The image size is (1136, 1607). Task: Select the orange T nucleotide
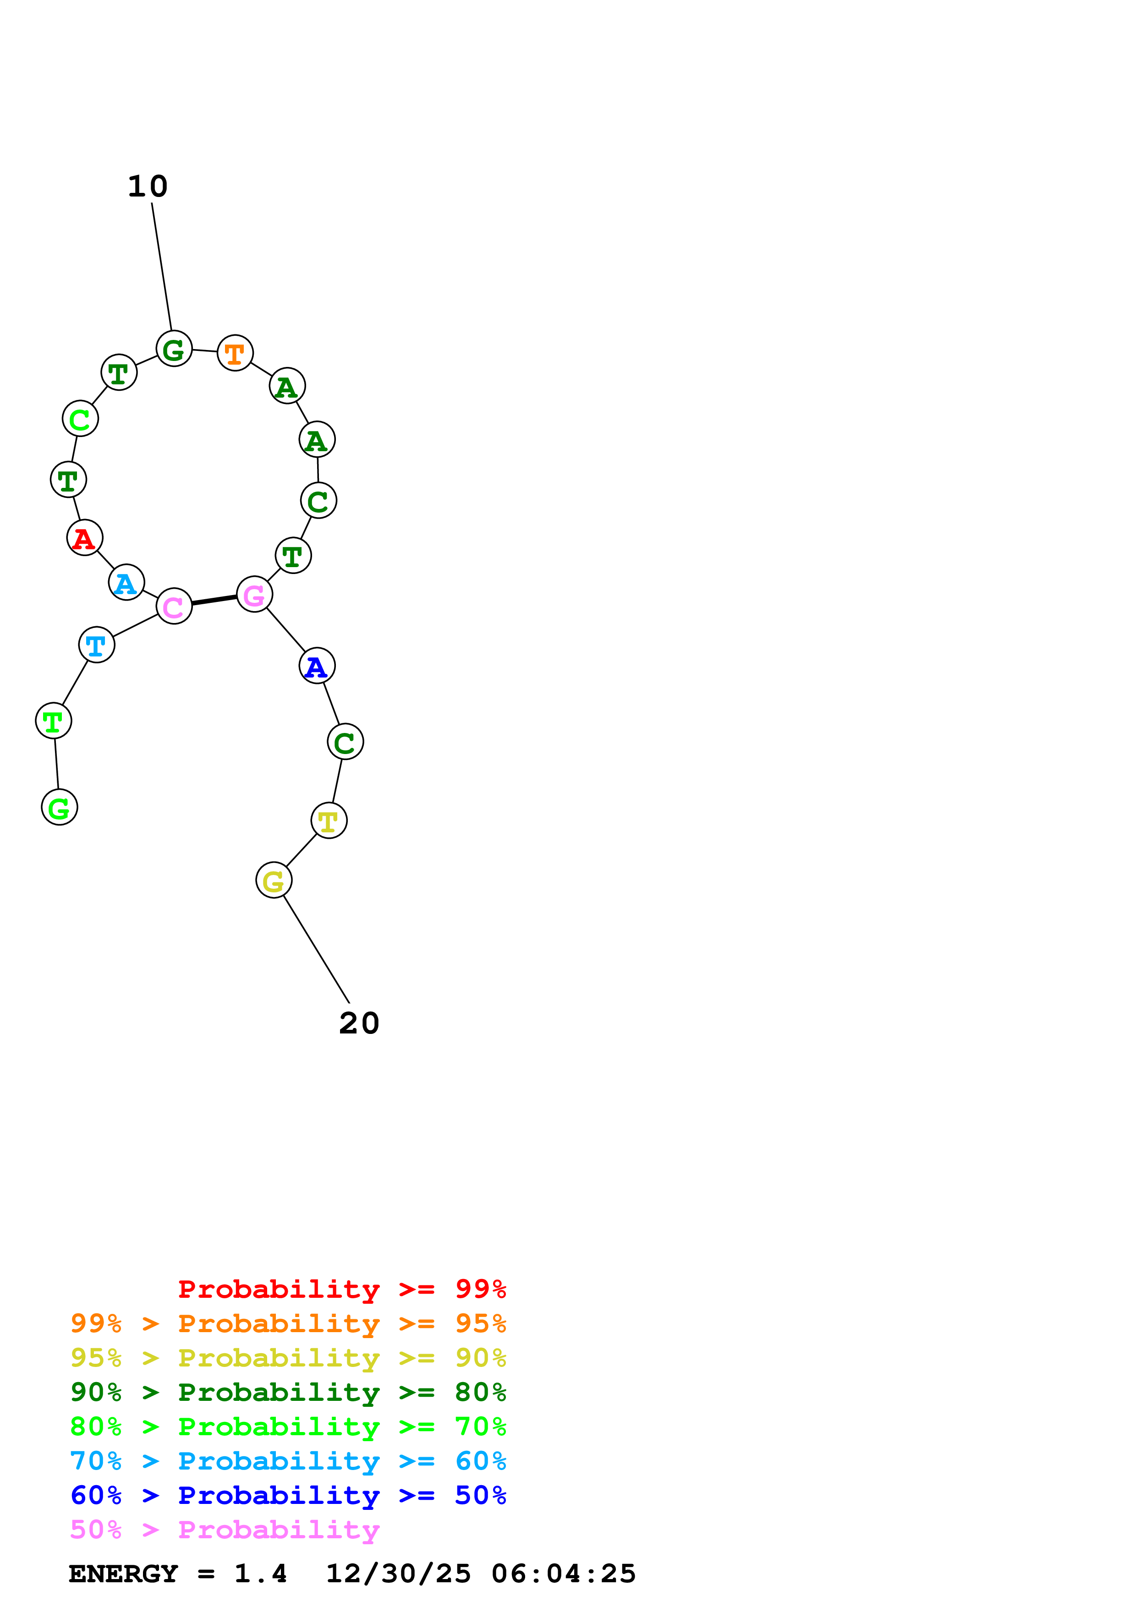tap(235, 353)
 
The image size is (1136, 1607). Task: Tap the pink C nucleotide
tap(174, 606)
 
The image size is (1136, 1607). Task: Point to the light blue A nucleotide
tap(126, 582)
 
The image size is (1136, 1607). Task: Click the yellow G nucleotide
tap(274, 880)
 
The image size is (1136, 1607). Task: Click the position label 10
tap(148, 186)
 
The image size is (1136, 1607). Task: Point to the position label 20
tap(359, 1023)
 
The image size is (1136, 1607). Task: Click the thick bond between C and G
tap(214, 600)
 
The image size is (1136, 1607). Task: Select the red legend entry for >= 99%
tap(341, 1289)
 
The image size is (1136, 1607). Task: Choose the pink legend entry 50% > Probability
tap(225, 1530)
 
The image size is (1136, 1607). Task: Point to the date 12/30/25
tap(398, 1574)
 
